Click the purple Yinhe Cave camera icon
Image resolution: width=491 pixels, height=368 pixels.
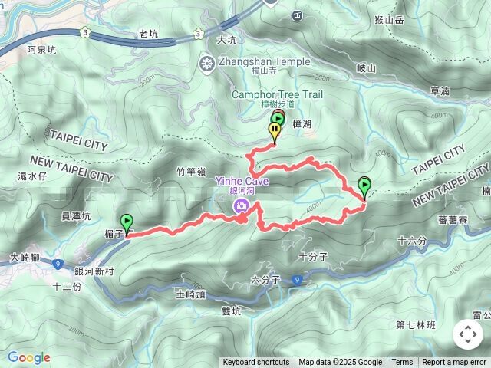[x=242, y=205]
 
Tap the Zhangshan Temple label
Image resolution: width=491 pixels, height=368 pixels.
[x=265, y=62]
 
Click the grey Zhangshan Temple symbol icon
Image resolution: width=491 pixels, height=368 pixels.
[x=206, y=63]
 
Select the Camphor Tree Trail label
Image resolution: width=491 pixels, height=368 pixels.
[x=278, y=94]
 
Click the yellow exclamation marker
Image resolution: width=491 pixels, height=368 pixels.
[x=274, y=132]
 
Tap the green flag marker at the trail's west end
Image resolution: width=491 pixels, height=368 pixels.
[x=127, y=223]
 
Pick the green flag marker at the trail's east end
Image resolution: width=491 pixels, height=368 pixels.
[x=364, y=186]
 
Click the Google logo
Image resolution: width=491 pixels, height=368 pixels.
[x=28, y=357]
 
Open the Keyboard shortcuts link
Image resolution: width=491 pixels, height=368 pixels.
[x=256, y=363]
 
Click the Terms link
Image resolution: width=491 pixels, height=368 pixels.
[x=402, y=363]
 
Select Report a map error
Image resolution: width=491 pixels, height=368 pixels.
[x=455, y=363]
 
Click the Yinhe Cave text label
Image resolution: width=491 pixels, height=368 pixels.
[x=242, y=181]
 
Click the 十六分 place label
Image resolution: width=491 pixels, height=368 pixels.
[x=412, y=241]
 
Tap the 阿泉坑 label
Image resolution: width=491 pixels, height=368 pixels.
[x=41, y=50]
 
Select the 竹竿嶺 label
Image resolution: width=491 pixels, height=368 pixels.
[x=191, y=172]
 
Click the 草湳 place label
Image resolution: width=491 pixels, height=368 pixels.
[x=440, y=90]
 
